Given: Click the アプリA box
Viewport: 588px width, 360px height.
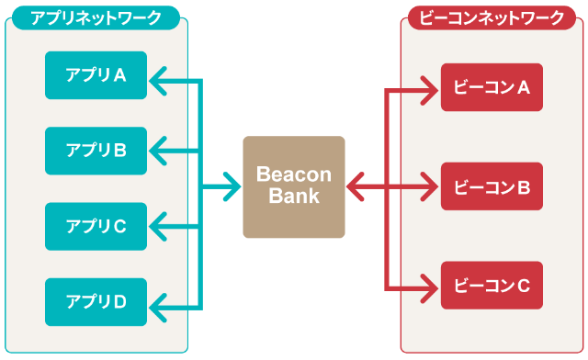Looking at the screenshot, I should pos(96,75).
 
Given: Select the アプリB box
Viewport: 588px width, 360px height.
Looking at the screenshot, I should pos(96,151).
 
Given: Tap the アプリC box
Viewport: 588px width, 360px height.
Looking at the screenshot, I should pos(96,226).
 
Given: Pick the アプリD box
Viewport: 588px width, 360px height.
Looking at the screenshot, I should pos(96,301).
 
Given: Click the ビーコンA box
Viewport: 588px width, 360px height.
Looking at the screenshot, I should pos(492,87).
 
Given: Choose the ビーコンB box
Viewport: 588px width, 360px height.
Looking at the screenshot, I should pos(492,187).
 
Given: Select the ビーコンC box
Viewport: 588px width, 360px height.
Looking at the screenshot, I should pos(492,286).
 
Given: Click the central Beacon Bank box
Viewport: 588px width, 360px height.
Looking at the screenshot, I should pos(293,187).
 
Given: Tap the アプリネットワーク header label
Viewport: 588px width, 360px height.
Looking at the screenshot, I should pos(96,17).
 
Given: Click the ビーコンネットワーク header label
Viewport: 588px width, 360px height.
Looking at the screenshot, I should pos(492,17).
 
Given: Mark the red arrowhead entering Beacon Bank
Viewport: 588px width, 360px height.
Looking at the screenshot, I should pos(354,188).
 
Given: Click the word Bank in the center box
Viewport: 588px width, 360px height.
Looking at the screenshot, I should pos(294,197).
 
